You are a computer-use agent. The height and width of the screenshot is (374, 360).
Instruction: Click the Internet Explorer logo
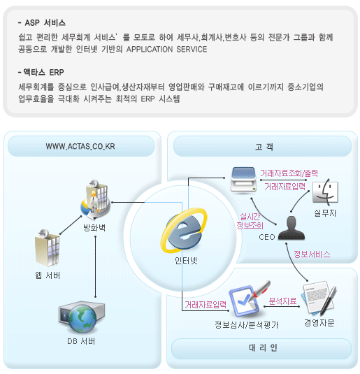[184, 230]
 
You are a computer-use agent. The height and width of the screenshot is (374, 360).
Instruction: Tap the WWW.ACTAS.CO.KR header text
[80, 146]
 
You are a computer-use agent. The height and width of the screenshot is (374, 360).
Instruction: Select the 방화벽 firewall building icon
[96, 199]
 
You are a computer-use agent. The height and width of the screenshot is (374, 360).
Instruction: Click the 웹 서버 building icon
[48, 248]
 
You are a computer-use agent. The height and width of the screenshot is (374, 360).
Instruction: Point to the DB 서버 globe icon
[82, 317]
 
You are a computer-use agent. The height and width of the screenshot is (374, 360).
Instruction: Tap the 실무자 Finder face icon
[326, 192]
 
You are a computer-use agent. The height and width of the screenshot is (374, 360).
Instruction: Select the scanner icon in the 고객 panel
[243, 180]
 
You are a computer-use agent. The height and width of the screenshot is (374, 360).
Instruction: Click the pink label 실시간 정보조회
[250, 221]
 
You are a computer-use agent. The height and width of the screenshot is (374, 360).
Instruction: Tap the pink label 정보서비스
[312, 254]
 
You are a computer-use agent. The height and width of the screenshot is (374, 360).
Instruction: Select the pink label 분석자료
[282, 301]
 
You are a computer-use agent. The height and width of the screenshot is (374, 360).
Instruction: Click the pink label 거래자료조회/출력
[289, 173]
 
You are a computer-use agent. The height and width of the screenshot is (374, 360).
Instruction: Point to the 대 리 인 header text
[263, 347]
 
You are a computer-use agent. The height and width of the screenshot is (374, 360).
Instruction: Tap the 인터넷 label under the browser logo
[186, 261]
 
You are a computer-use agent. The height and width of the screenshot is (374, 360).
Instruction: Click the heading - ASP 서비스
[42, 23]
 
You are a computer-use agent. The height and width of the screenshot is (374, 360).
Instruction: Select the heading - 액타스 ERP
[41, 72]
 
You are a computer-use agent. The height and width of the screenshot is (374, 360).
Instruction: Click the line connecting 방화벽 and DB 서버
[96, 266]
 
